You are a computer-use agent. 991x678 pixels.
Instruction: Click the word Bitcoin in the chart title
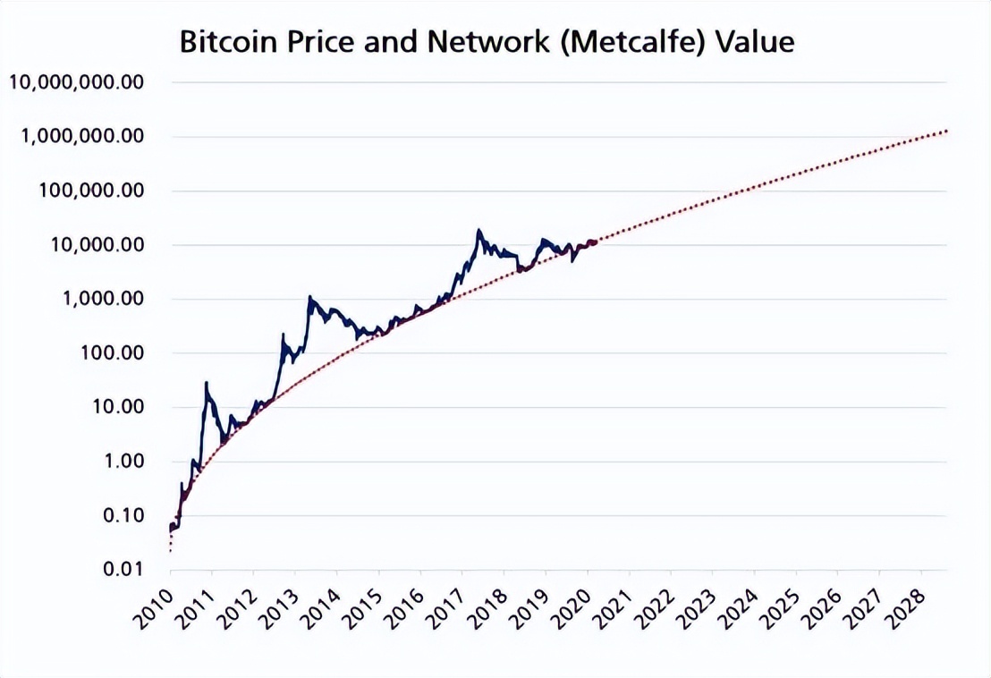[225, 42]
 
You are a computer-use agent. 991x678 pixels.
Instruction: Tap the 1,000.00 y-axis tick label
[100, 299]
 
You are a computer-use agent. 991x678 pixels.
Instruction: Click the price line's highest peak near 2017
[479, 231]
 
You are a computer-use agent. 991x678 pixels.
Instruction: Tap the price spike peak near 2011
[207, 384]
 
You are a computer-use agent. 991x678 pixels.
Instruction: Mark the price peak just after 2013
[309, 297]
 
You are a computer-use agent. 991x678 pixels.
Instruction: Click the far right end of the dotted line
[946, 131]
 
